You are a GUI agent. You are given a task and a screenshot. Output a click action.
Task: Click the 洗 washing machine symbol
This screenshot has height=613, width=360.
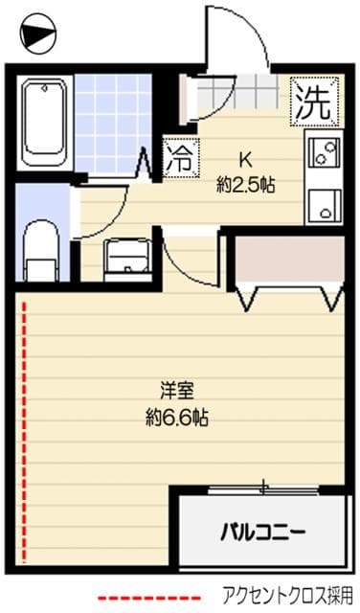coord(313,100)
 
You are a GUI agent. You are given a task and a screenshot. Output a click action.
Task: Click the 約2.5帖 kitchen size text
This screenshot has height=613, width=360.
coord(245,185)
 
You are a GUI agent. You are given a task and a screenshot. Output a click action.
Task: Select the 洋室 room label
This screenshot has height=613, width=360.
coord(177,391)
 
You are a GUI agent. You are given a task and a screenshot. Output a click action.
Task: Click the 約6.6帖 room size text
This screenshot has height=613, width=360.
coord(177,417)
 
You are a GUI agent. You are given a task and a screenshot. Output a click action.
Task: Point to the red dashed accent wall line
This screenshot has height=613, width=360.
coord(23,431)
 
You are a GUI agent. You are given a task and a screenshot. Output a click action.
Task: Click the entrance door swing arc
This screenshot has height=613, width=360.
coord(239,38)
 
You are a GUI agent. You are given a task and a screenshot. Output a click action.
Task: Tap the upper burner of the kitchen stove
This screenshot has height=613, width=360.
coord(323,151)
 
